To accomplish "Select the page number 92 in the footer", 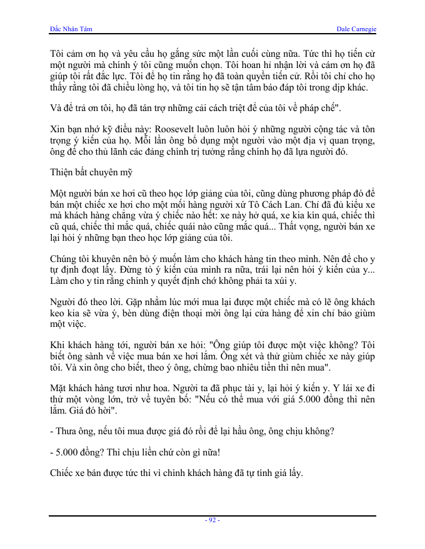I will pos(212,520).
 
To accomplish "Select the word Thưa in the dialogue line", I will pos(67,431).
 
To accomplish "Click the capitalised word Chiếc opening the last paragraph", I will pos(64,474).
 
